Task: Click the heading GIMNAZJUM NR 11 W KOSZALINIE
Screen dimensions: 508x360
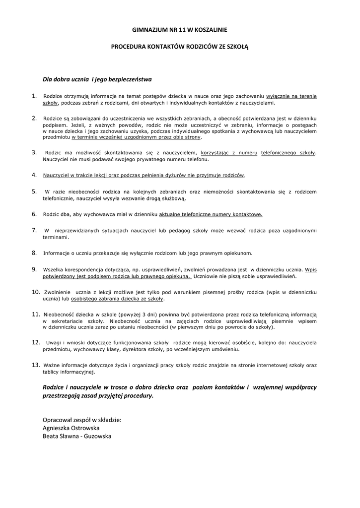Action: (x=180, y=30)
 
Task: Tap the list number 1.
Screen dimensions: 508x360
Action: (x=34, y=96)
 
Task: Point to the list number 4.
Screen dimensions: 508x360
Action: (x=34, y=175)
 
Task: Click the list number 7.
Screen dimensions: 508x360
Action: (x=34, y=230)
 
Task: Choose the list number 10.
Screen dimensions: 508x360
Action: (x=36, y=292)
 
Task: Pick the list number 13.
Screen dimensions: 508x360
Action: (x=36, y=365)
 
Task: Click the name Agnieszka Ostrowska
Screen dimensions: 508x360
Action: (x=71, y=428)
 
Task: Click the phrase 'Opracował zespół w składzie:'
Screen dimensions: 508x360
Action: (x=82, y=419)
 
